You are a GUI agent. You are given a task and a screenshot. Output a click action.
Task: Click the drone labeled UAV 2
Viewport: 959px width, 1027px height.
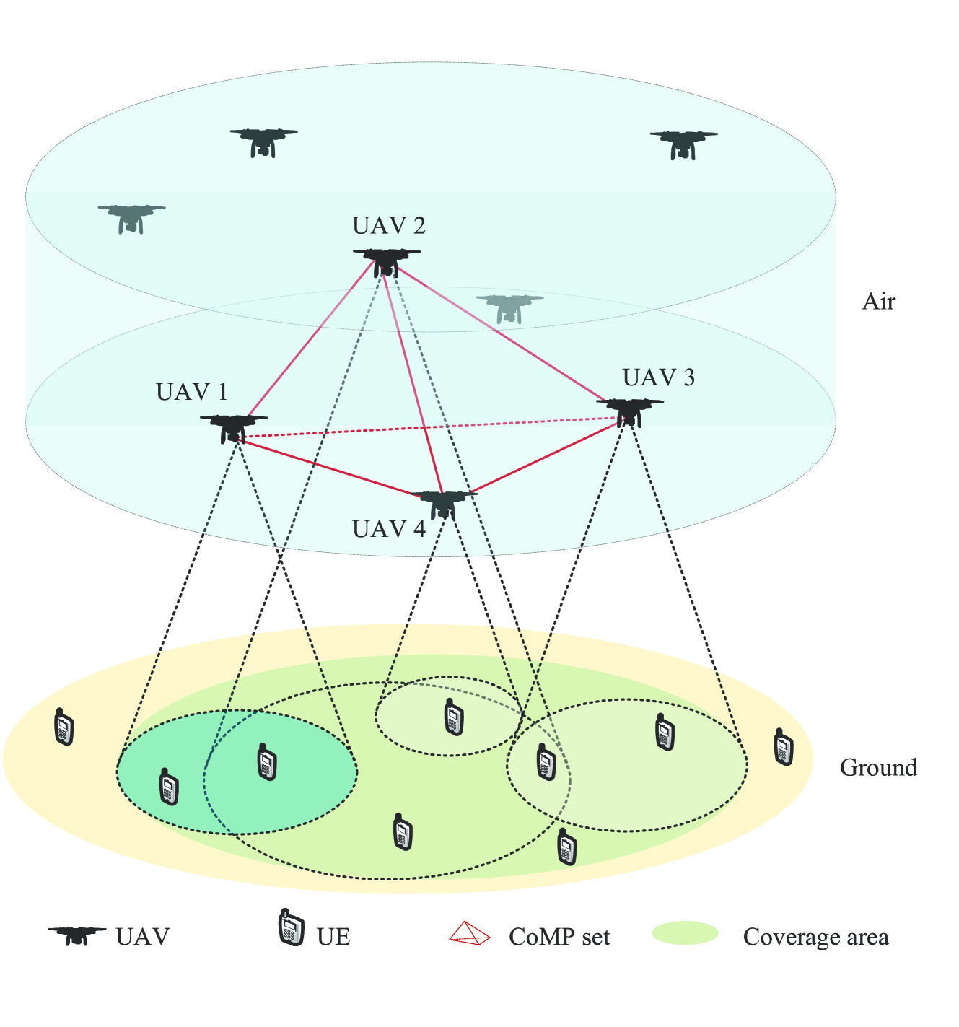click(387, 261)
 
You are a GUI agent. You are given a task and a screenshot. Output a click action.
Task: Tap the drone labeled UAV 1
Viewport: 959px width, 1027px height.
click(233, 427)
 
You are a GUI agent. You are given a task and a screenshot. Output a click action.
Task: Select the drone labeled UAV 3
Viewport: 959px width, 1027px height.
click(629, 410)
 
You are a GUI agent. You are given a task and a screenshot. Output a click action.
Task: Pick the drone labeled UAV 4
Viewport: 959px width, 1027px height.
click(443, 503)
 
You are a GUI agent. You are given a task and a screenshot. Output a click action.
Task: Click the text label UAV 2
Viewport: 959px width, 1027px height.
click(388, 226)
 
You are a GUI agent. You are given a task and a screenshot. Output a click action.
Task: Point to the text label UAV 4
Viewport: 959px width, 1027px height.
click(388, 529)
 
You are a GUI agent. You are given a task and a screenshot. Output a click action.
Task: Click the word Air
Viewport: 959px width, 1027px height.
click(878, 302)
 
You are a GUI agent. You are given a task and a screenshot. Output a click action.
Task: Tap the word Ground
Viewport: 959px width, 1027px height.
click(878, 767)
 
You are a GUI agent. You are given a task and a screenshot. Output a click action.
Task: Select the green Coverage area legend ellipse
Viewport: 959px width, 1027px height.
click(685, 933)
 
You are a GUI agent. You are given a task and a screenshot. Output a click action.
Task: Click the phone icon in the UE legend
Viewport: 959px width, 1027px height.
click(291, 928)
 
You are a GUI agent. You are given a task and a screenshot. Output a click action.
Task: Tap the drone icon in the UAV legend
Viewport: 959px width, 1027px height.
click(76, 935)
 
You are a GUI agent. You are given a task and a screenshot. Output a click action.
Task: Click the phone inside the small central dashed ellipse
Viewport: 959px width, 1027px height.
click(453, 717)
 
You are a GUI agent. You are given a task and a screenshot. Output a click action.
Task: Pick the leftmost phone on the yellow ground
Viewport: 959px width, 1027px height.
click(64, 727)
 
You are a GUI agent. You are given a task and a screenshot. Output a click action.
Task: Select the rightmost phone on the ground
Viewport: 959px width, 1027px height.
click(783, 747)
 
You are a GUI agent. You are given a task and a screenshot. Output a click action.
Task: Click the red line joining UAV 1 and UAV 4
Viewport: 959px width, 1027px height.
click(325, 466)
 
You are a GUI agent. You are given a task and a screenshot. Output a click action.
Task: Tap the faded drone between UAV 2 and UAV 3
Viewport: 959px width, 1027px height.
click(509, 307)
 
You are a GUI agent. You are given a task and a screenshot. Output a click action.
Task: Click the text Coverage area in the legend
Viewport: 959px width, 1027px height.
click(815, 937)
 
